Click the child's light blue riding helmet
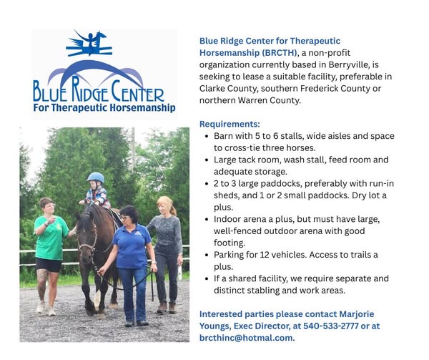[x=95, y=177]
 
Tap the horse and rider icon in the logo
[x=89, y=43]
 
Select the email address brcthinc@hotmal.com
[x=246, y=338]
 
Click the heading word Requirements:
[x=230, y=124]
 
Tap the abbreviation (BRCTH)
[x=280, y=52]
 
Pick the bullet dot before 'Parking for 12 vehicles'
[x=207, y=255]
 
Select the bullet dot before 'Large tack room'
[x=207, y=160]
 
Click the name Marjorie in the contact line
[x=357, y=314]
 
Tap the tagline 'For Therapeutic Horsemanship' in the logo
[x=104, y=107]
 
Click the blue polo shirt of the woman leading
[x=132, y=246]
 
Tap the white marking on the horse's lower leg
[x=97, y=299]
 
